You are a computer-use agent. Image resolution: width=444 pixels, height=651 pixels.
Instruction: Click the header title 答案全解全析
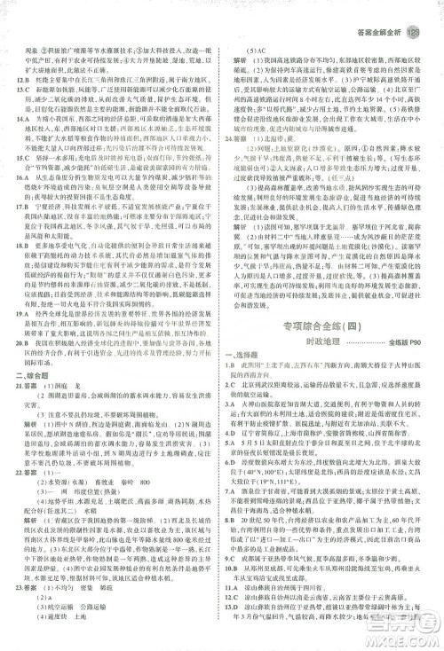coord(381,12)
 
